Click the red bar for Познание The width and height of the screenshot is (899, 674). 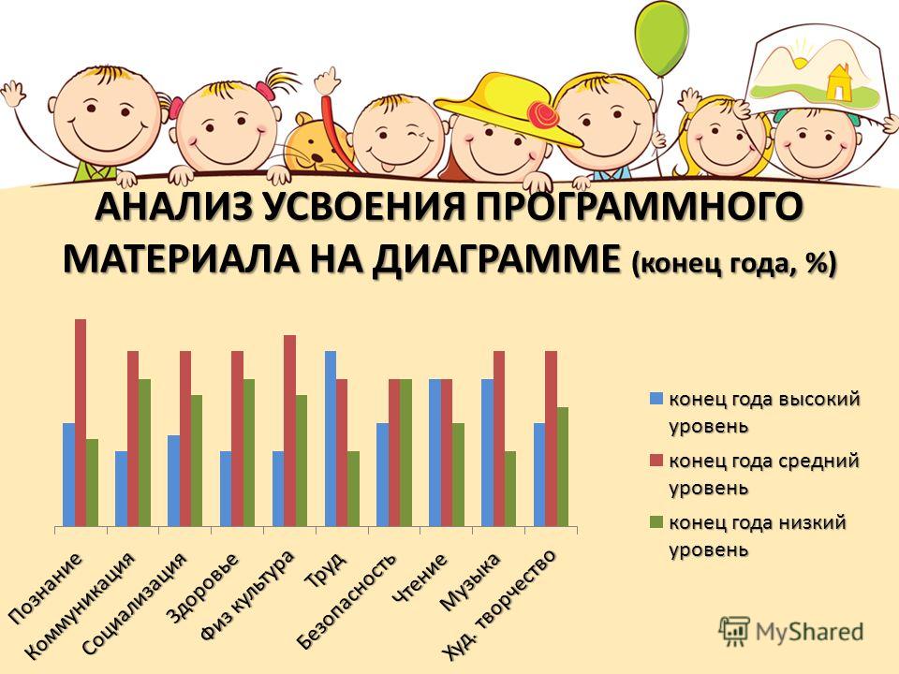tap(81, 422)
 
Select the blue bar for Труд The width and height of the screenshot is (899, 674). tap(331, 438)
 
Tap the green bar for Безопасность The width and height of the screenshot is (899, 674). tap(405, 453)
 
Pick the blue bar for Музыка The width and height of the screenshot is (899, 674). tap(487, 453)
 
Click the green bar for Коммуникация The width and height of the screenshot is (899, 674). tap(144, 453)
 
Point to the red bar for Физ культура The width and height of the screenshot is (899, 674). tap(289, 431)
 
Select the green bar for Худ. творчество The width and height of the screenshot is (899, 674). tap(563, 466)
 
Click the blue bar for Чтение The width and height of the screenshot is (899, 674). tap(435, 453)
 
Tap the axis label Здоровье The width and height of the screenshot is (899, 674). tap(201, 588)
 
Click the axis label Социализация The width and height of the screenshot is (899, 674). tap(135, 604)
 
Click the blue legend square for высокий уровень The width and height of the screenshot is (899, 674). tap(656, 399)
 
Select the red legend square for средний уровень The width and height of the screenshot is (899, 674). tap(656, 461)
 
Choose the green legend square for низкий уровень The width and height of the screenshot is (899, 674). tap(656, 522)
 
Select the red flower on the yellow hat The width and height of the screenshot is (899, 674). tap(542, 115)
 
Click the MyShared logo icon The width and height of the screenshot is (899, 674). tap(734, 632)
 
